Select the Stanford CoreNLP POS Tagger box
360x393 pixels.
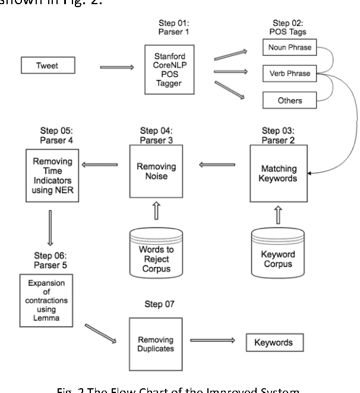tap(170, 70)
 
